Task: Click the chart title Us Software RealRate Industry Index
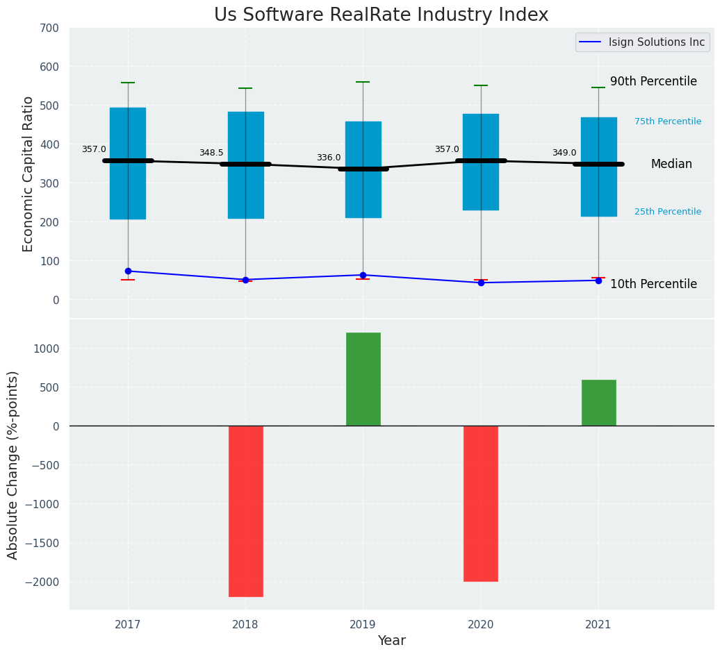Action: point(381,15)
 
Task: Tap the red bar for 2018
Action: point(246,511)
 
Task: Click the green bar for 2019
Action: point(363,379)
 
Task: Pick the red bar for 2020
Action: point(481,503)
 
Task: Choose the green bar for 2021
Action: point(598,403)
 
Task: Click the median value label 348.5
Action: point(211,153)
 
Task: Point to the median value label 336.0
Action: point(329,158)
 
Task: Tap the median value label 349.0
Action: point(564,153)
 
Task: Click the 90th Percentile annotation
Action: point(653,81)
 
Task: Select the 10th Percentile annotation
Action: point(653,284)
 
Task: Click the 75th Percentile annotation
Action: point(667,121)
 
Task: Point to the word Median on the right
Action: point(671,165)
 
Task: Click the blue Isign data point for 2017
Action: point(128,271)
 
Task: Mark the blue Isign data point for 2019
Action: point(363,275)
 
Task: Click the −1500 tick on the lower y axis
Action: point(42,543)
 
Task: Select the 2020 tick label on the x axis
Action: point(481,624)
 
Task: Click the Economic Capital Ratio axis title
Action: point(28,174)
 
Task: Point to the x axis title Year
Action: point(392,641)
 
